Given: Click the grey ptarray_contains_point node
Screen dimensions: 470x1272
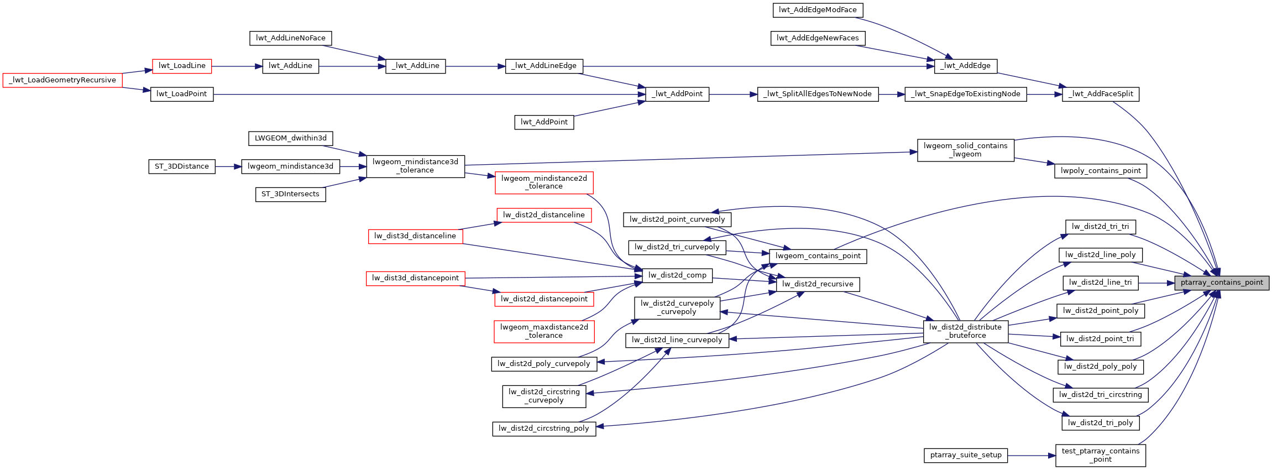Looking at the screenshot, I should click(x=1222, y=283).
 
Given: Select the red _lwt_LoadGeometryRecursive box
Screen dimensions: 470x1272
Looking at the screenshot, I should click(x=62, y=80).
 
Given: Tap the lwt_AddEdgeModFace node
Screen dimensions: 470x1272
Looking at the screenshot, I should click(x=818, y=10).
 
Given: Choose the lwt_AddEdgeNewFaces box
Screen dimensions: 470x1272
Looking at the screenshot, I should click(x=818, y=38).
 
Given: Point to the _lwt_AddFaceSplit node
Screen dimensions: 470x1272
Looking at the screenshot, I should click(x=1100, y=94).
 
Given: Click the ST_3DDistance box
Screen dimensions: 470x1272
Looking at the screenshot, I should click(x=181, y=166).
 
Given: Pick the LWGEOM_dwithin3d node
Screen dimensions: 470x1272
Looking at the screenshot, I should click(x=291, y=138).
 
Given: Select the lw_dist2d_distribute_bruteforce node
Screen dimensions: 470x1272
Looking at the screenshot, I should click(x=965, y=331).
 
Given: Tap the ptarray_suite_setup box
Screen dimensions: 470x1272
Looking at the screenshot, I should click(x=966, y=455).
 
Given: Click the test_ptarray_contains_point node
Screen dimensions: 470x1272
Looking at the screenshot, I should click(x=1100, y=455).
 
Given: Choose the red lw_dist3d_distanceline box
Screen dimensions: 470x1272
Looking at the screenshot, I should click(x=415, y=236).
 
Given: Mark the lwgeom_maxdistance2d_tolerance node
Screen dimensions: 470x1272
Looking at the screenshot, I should click(x=544, y=331).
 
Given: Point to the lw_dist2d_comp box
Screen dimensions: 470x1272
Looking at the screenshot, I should click(x=677, y=275).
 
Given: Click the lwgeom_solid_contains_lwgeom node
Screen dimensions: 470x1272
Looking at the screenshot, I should click(x=965, y=150).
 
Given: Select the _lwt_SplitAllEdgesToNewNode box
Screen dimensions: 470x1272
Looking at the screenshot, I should click(x=818, y=94).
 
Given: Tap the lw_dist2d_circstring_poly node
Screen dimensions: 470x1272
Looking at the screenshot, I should click(x=544, y=429).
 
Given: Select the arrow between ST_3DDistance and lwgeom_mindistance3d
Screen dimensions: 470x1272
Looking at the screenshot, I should click(x=228, y=166).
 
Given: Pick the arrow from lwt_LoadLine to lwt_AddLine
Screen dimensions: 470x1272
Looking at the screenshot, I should click(x=237, y=66).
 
